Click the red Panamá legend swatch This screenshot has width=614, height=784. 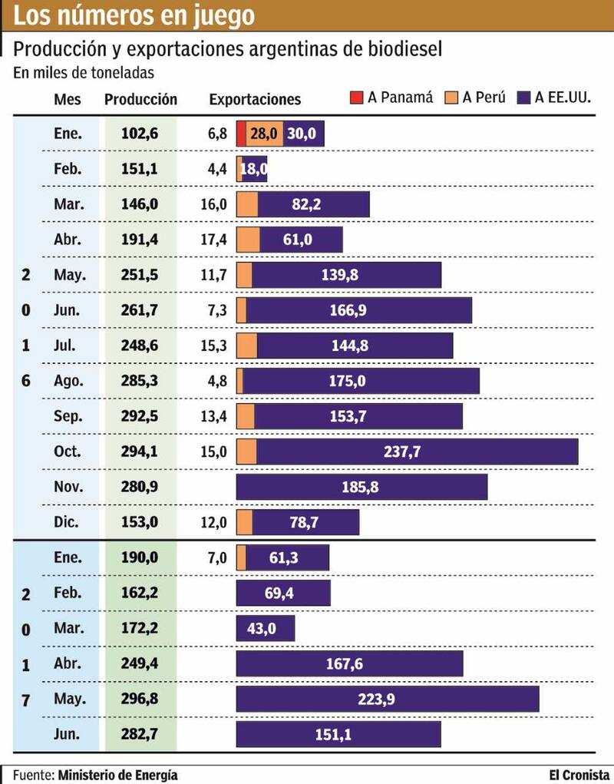357,98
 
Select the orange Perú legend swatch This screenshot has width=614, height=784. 451,98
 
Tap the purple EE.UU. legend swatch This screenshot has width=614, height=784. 525,98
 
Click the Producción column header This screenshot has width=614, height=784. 140,100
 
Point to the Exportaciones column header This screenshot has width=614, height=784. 255,100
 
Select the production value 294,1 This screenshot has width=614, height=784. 140,452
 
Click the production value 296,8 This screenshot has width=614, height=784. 140,699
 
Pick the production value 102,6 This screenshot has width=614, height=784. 140,134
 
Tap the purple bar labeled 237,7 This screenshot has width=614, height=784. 417,452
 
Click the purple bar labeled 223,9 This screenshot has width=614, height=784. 387,699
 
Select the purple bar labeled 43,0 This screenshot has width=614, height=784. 265,628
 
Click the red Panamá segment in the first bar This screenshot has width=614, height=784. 242,134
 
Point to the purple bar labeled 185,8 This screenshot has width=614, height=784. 361,487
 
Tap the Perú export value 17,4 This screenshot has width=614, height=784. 214,240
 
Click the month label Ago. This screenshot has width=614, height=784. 68,381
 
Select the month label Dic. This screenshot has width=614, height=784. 68,522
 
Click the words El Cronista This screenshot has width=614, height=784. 579,774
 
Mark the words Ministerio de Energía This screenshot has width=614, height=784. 117,774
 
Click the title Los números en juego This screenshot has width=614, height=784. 135,16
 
